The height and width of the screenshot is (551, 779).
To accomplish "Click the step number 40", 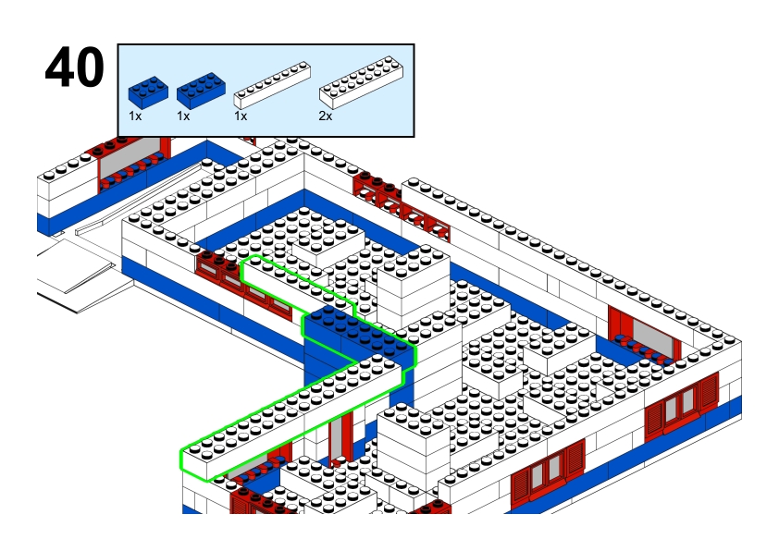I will coord(74,69).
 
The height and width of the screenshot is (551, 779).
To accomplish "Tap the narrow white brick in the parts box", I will coord(271,82).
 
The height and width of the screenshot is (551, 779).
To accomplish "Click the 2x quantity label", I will coord(325,116).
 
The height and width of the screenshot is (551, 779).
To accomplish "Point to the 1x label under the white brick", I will coord(241,116).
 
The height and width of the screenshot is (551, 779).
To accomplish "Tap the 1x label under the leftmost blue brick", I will coord(135,116).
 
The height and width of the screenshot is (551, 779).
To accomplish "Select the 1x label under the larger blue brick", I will coord(183,116).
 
